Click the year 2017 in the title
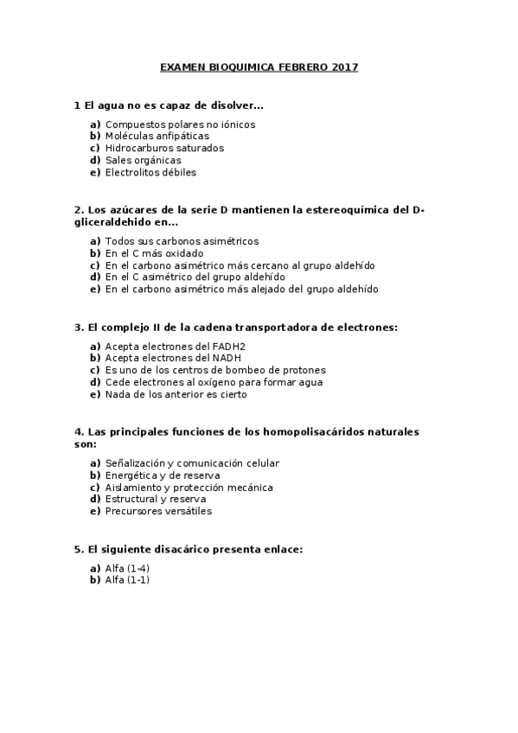[344, 67]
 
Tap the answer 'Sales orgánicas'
[143, 160]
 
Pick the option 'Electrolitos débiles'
[150, 172]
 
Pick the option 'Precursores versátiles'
[158, 511]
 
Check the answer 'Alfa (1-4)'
[127, 568]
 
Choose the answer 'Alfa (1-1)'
[127, 580]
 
